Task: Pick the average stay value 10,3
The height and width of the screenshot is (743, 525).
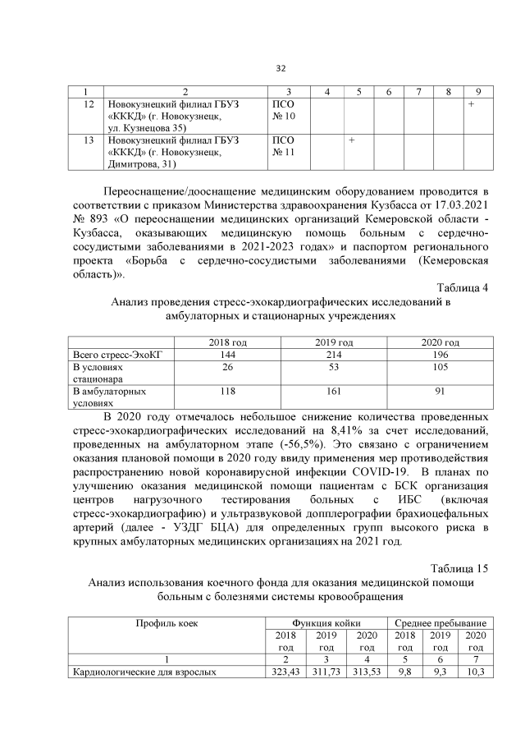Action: coord(475,672)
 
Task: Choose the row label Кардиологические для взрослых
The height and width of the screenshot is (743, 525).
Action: coord(144,672)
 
